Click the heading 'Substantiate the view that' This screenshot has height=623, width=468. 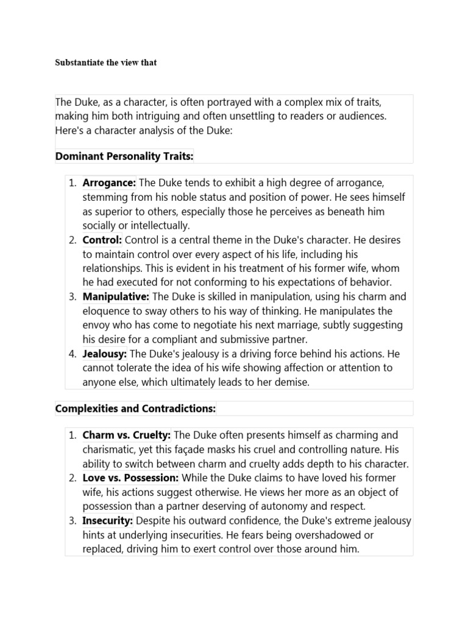click(106, 63)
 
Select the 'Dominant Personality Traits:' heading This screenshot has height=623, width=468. click(124, 156)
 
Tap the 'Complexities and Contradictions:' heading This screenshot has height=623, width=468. click(135, 409)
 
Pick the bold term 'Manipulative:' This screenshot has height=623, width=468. click(116, 296)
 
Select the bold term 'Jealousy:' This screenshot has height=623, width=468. click(105, 353)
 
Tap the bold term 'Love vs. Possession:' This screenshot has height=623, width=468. click(130, 478)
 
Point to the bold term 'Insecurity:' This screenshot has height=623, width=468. click(108, 520)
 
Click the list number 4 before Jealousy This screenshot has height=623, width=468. click(72, 353)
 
